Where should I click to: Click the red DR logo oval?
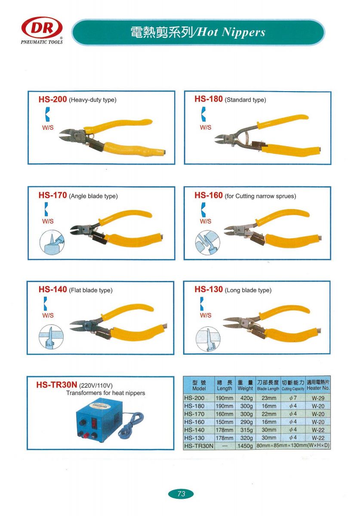(x=42, y=28)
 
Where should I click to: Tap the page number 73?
(x=181, y=494)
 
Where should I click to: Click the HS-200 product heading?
(x=52, y=99)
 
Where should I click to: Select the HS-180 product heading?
(x=208, y=99)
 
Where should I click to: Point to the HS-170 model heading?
(x=52, y=195)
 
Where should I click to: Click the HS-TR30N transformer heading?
(x=56, y=385)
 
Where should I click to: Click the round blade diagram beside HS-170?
(x=52, y=243)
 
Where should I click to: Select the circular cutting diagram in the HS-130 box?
(x=208, y=339)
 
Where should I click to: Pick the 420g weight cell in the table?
(x=246, y=398)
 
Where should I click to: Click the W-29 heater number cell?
(x=318, y=398)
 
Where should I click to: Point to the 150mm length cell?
(x=224, y=422)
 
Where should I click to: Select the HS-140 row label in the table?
(x=194, y=430)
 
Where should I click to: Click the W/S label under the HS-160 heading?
(x=205, y=221)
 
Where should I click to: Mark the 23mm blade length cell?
(x=269, y=398)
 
